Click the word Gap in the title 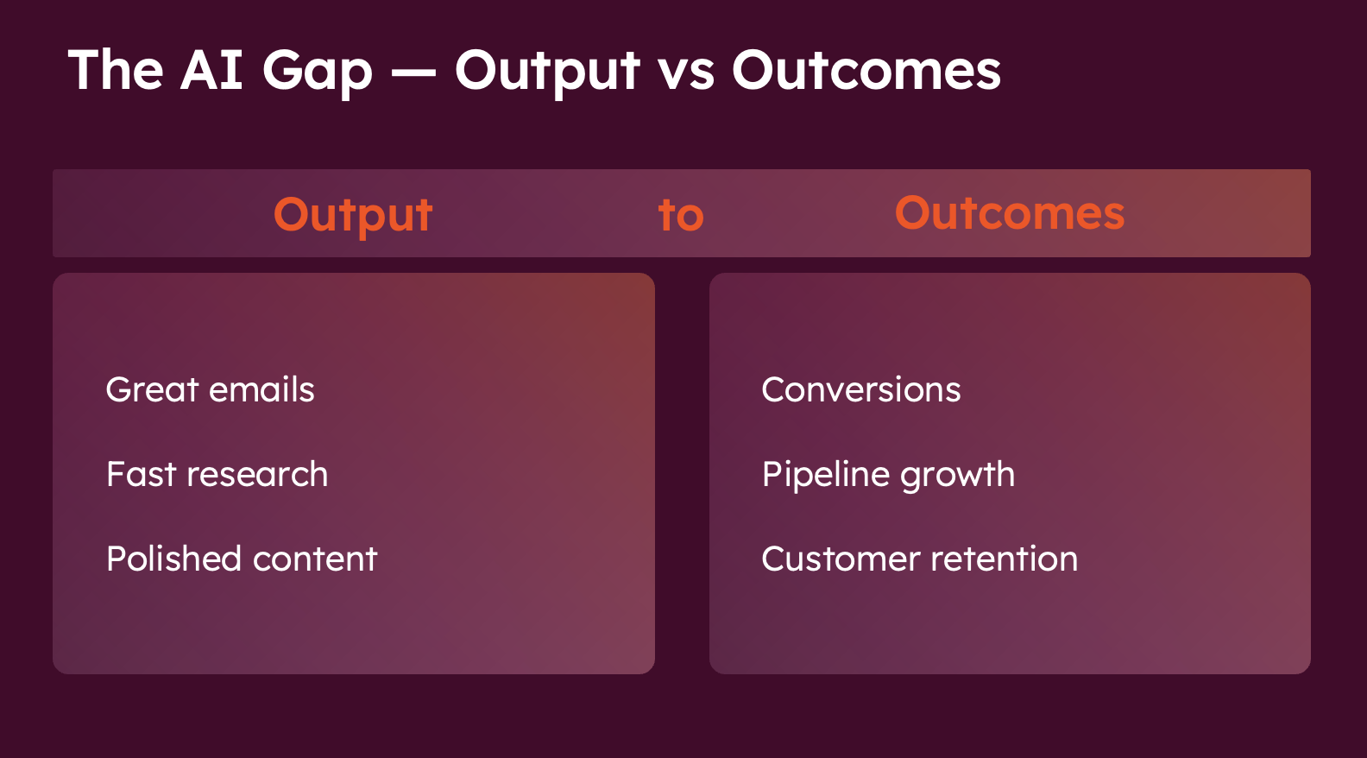point(318,73)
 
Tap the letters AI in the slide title point(211,70)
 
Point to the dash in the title point(413,73)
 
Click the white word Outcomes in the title point(866,70)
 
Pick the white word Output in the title point(547,73)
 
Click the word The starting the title point(116,70)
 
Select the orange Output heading point(353,216)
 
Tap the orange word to point(681,216)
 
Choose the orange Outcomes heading point(1010,213)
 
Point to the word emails point(261,389)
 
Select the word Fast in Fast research point(141,474)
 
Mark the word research point(257,475)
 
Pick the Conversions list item point(861,389)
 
